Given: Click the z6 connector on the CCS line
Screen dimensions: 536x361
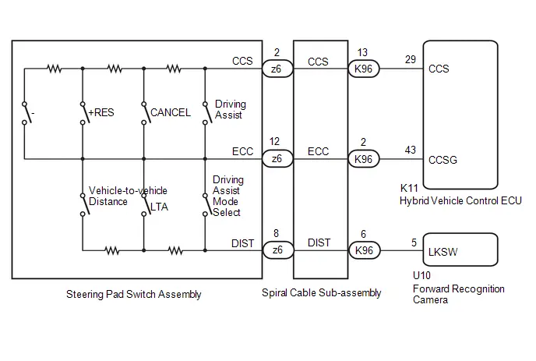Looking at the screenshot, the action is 277,69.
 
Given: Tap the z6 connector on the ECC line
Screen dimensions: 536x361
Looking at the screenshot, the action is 277,159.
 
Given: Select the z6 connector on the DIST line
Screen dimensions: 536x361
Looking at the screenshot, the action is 278,250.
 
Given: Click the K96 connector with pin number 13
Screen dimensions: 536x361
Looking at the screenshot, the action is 364,69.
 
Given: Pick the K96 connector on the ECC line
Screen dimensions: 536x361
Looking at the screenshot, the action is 364,159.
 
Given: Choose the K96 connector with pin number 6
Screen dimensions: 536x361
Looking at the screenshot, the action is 365,250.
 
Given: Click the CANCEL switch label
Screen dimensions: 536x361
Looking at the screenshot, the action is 171,112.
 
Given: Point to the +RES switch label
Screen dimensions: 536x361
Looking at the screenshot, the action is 101,112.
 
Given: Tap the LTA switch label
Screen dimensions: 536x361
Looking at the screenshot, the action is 159,207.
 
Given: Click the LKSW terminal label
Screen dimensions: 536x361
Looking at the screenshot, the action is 443,252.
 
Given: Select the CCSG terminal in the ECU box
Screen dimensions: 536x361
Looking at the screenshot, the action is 443,160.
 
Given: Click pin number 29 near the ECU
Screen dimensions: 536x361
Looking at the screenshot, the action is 411,59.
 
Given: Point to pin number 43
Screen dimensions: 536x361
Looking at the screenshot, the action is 411,150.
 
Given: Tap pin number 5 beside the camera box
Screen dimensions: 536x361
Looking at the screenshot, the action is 414,242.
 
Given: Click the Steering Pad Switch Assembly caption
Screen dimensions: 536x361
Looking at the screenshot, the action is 134,294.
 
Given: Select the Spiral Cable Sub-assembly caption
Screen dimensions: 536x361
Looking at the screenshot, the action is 321,293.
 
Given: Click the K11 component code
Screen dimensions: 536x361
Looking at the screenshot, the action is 409,188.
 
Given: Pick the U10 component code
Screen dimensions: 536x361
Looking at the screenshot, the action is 421,275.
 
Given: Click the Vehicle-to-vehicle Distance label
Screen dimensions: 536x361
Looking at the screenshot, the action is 128,196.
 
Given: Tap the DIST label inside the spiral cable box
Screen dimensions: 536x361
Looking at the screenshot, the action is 319,242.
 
